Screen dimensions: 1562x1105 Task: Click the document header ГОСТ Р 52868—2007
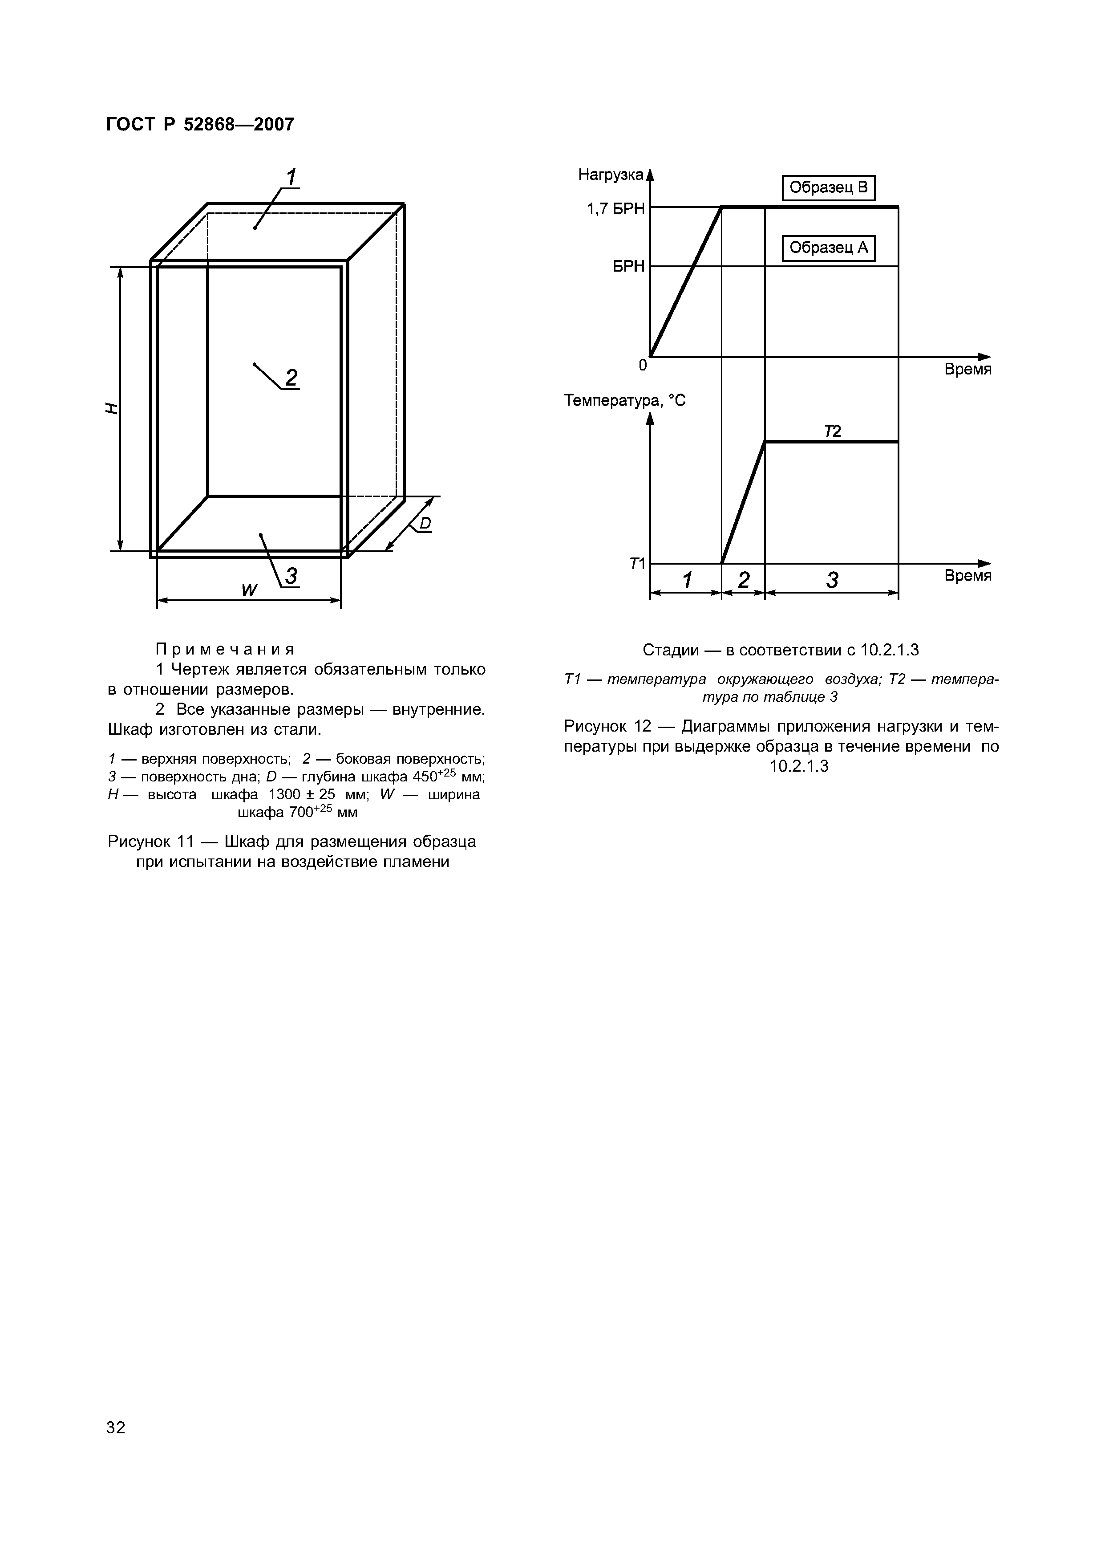click(200, 125)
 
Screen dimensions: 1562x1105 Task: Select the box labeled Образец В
click(828, 188)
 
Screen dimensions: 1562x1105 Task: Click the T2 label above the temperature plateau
click(832, 431)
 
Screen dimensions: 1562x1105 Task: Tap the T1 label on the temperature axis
click(637, 564)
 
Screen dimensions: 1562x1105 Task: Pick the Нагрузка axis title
click(610, 175)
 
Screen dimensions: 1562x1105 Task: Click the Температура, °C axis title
click(625, 401)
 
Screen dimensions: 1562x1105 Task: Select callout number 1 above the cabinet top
click(291, 178)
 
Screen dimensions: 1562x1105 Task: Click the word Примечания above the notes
click(225, 649)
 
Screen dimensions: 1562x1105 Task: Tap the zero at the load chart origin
click(642, 366)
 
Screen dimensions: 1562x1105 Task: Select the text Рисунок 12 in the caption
click(604, 726)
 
